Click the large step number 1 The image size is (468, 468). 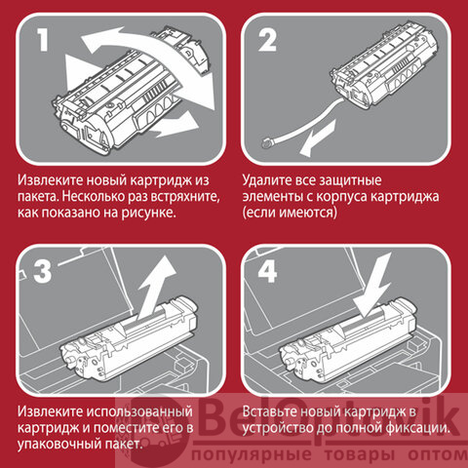tap(43, 40)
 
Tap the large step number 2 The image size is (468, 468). tap(267, 40)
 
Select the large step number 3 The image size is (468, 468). tap(43, 271)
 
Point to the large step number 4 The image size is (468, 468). tap(267, 271)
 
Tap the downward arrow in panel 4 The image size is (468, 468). tap(373, 286)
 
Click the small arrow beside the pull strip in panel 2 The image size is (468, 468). tap(317, 138)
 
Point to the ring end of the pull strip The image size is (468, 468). tap(268, 142)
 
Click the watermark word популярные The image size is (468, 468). tap(252, 455)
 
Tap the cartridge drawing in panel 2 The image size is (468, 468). tap(383, 65)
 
